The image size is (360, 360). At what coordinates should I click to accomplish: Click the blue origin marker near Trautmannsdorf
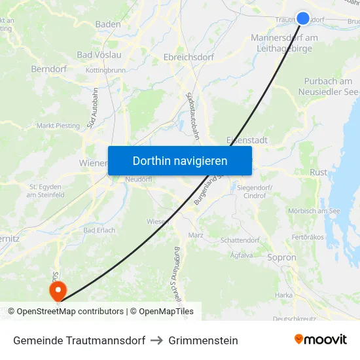(x=303, y=18)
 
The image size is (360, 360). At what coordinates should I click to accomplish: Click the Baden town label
(x=108, y=24)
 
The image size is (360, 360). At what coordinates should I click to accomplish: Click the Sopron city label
(x=282, y=258)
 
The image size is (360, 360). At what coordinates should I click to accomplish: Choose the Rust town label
(x=318, y=173)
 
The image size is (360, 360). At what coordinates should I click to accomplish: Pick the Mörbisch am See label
(x=314, y=211)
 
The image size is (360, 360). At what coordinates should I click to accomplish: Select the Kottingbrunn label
(x=105, y=69)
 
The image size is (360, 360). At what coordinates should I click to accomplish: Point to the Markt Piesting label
(x=58, y=126)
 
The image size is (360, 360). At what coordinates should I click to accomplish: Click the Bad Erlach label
(x=99, y=230)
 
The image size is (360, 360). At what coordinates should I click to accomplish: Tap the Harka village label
(x=283, y=295)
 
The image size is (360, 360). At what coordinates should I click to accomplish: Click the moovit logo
(x=321, y=340)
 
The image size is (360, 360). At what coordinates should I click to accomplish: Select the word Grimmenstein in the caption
(x=203, y=340)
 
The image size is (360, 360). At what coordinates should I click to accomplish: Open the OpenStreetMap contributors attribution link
(x=70, y=312)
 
